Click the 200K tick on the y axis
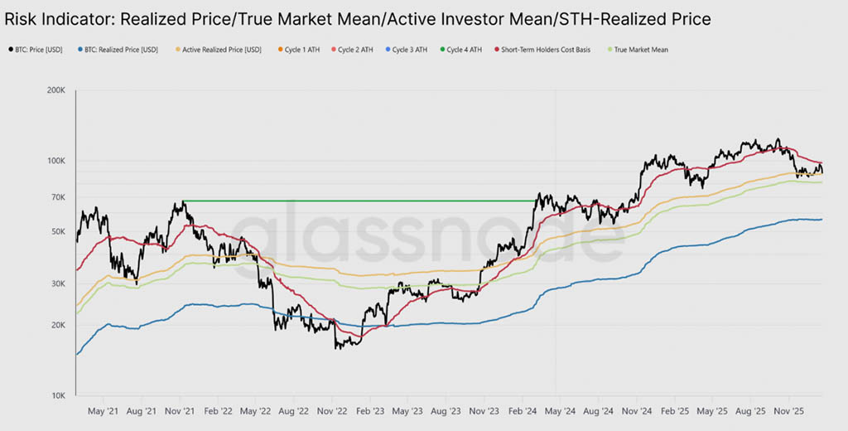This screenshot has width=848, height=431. tap(55, 90)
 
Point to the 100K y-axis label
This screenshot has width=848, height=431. tap(55, 160)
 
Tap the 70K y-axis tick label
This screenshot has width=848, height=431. tap(57, 196)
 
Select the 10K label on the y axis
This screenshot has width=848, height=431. tap(57, 395)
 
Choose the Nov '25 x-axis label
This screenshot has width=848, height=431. tap(790, 410)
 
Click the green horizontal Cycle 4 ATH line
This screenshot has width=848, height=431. tap(356, 201)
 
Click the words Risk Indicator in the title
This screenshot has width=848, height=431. tap(58, 17)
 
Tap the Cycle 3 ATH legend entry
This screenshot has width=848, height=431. tap(410, 50)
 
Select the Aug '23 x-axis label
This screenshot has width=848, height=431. tap(446, 410)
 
